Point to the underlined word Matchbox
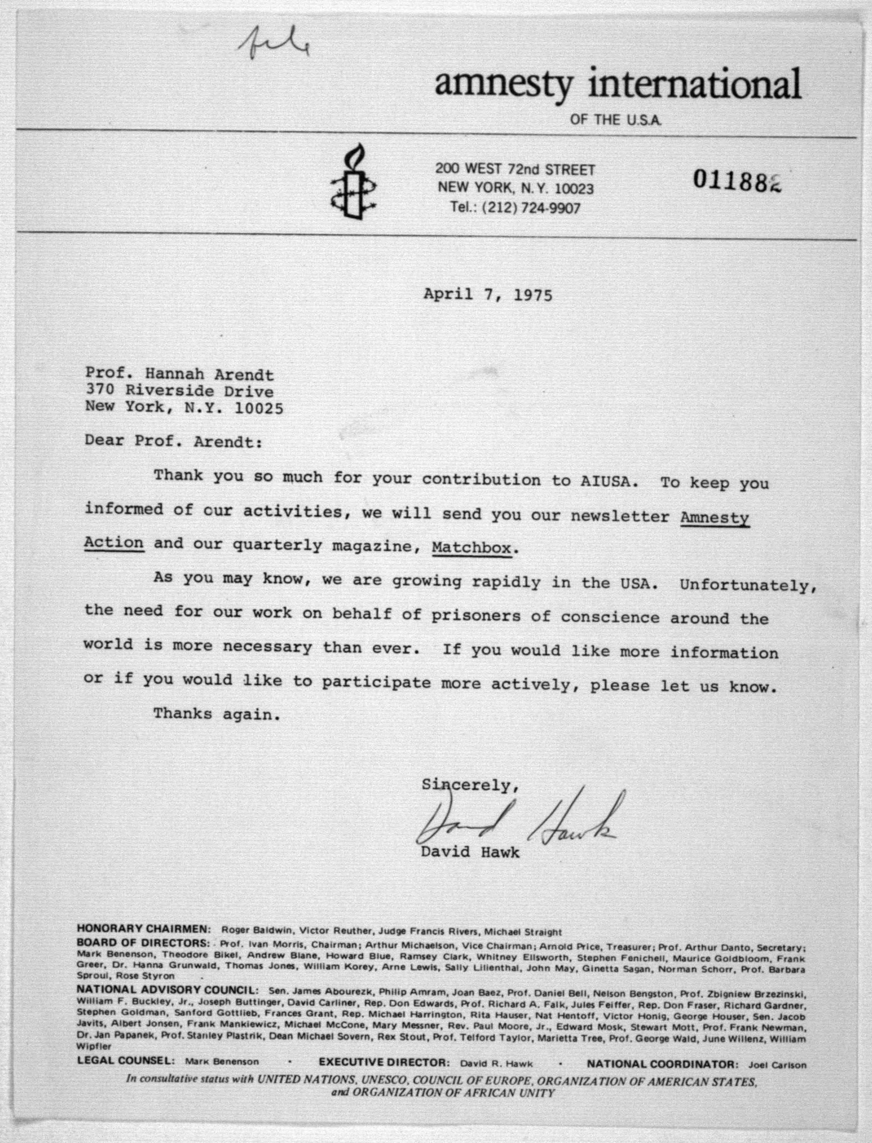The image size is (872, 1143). point(472,548)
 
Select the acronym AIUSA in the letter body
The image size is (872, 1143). point(605,481)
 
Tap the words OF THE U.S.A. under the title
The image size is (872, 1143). point(616,120)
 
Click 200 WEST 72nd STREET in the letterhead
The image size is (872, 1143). point(515,169)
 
